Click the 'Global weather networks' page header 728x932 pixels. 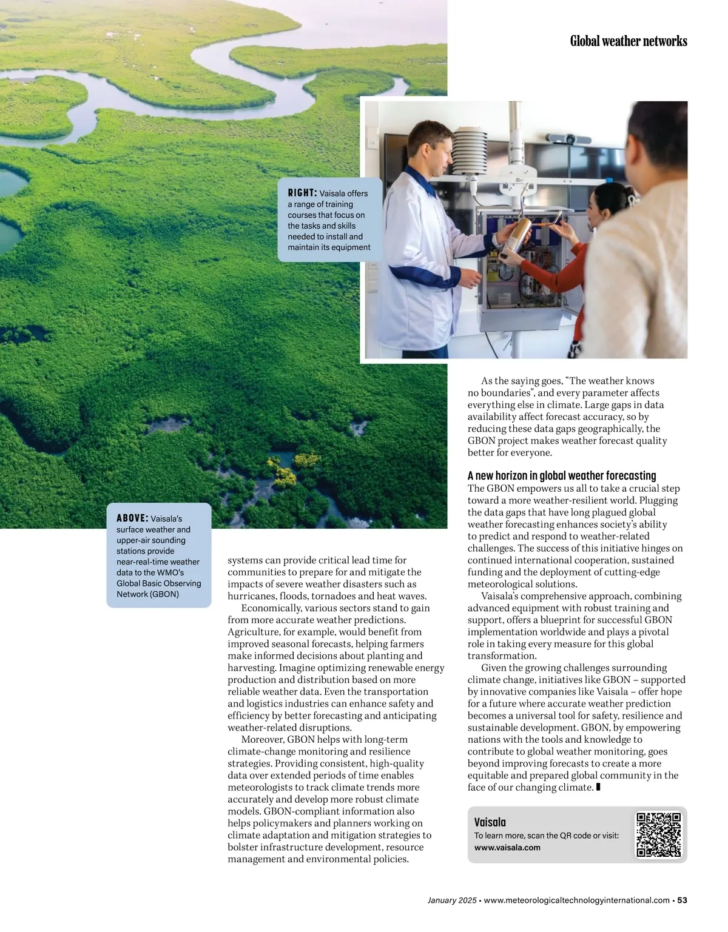click(628, 41)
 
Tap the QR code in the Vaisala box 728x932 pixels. click(658, 834)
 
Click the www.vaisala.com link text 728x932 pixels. click(507, 848)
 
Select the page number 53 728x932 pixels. click(682, 900)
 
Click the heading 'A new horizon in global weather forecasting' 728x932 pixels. click(562, 476)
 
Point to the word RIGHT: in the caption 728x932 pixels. click(302, 193)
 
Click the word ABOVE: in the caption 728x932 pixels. click(132, 518)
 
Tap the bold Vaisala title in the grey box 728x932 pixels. click(490, 822)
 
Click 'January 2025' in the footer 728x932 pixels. click(451, 900)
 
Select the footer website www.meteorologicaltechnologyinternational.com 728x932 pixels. click(577, 900)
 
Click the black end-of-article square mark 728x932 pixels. click(598, 787)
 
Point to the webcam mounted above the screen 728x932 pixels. click(561, 139)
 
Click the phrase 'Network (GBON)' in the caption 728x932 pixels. click(147, 594)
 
